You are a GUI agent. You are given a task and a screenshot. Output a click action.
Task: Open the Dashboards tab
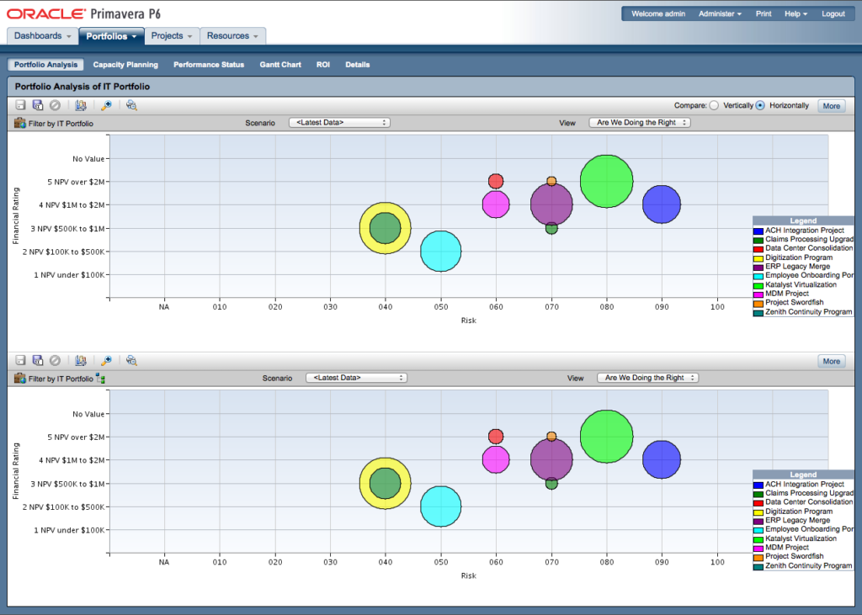click(42, 36)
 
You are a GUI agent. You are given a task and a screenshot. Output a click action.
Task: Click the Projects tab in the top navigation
click(171, 36)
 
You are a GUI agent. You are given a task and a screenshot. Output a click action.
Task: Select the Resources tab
click(231, 36)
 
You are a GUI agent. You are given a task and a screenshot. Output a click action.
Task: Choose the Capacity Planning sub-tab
click(125, 65)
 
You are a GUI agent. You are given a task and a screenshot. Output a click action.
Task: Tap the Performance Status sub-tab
click(209, 65)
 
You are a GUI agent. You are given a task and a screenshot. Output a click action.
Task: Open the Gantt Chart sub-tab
click(280, 65)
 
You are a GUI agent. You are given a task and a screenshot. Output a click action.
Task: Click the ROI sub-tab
click(323, 65)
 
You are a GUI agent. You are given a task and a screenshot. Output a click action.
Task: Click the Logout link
click(833, 14)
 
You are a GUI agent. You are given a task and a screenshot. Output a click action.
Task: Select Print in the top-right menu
click(764, 14)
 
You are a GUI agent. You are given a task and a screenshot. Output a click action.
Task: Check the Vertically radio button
click(715, 106)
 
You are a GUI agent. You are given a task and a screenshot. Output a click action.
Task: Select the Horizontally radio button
click(760, 106)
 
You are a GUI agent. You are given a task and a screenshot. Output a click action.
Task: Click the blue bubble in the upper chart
click(662, 204)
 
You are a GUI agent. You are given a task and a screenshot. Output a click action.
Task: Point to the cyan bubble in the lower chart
click(440, 506)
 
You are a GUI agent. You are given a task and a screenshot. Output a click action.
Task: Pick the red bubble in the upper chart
click(496, 181)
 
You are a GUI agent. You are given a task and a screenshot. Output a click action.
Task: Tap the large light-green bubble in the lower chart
click(606, 436)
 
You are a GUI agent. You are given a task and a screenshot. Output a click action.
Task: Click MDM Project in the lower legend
click(787, 548)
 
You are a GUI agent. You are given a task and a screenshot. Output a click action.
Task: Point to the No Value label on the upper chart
click(88, 158)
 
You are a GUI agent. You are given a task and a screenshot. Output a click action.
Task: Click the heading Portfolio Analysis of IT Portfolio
click(82, 86)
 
